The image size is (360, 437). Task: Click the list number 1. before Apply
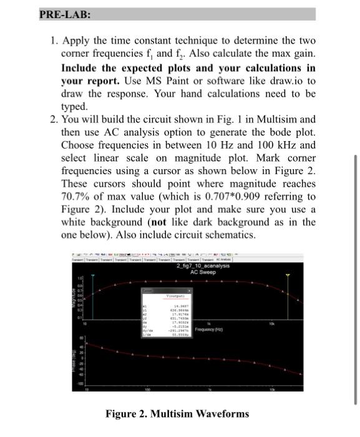tap(54, 42)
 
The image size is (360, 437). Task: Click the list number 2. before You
tap(54, 119)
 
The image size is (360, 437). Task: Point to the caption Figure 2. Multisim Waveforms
tap(177, 413)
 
